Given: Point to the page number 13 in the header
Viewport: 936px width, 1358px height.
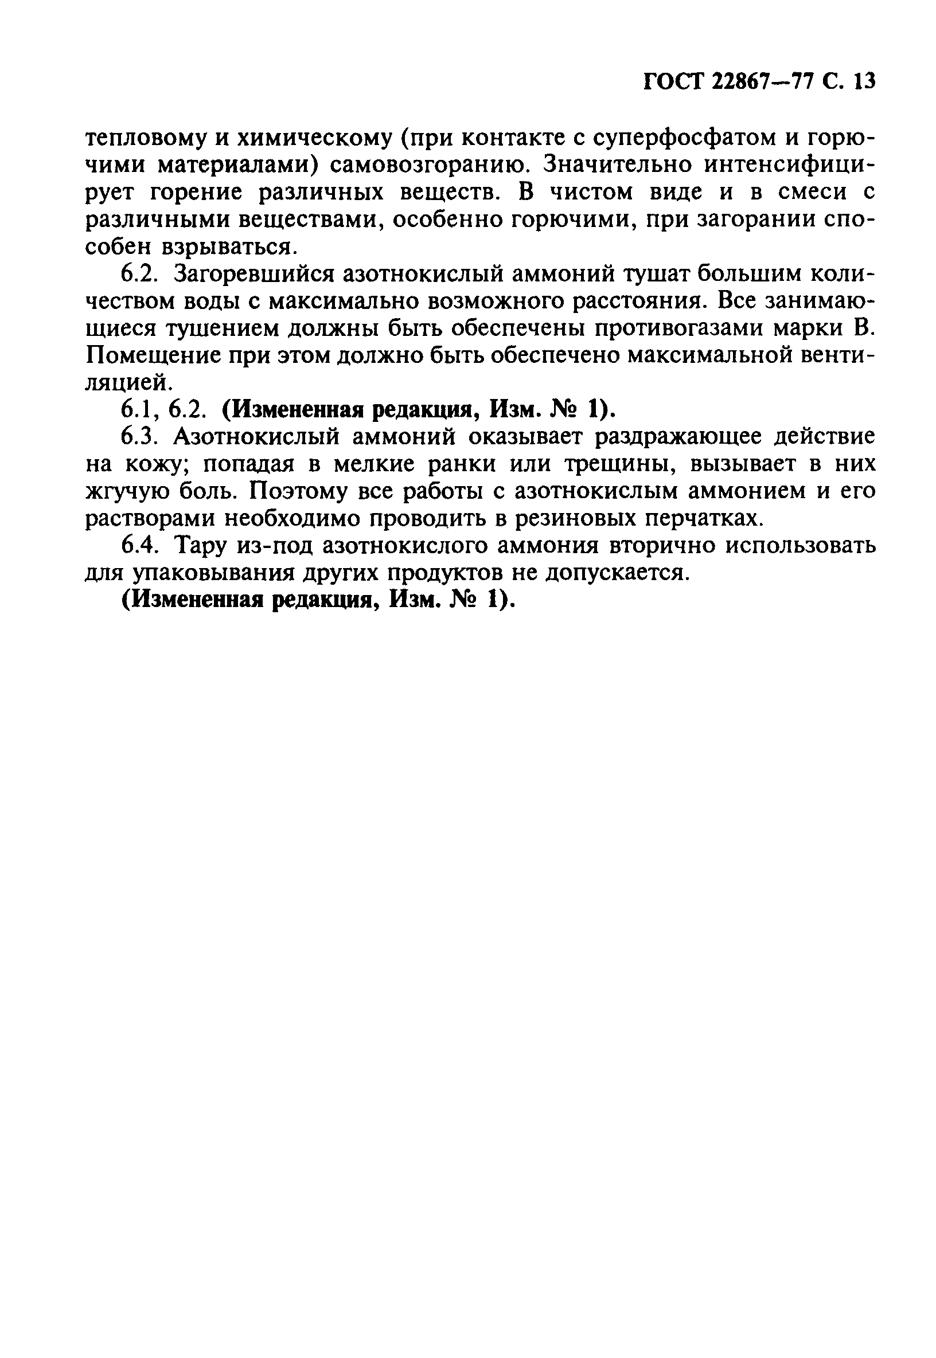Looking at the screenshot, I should click(864, 81).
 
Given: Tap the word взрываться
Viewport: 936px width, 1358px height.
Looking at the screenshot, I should click(227, 246).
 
